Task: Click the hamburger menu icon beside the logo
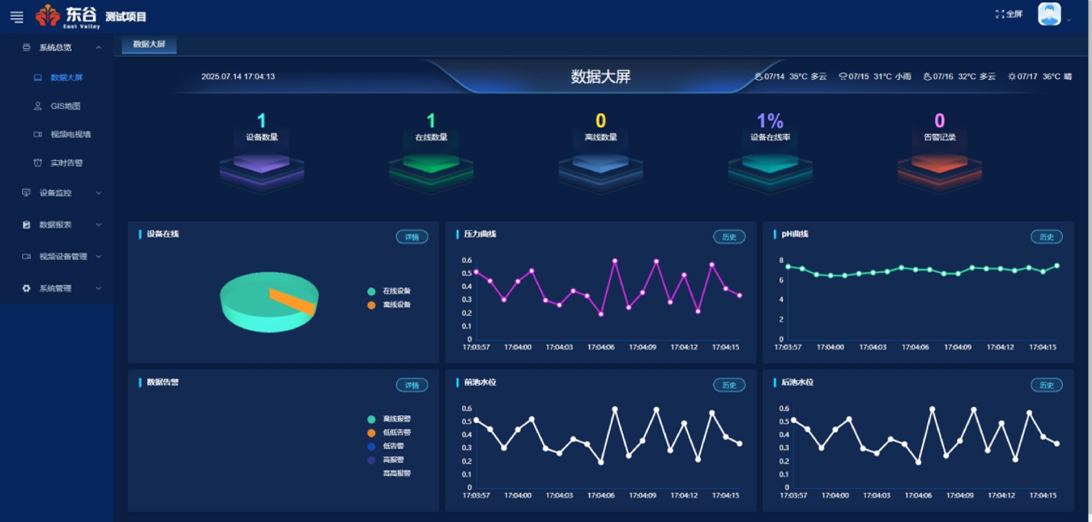coord(17,17)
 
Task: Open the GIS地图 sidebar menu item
coord(65,106)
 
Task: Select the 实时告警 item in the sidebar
coord(66,163)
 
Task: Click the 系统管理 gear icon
coord(26,288)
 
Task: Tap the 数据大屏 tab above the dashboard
coord(149,44)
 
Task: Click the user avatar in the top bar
coord(1049,14)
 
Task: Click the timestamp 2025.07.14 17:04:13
coord(238,77)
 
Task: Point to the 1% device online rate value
coord(770,121)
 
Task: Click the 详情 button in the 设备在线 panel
coord(412,237)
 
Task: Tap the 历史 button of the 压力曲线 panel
coord(729,237)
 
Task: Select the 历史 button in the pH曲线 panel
coord(1046,237)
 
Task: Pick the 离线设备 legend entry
coord(396,305)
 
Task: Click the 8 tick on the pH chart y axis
coord(781,260)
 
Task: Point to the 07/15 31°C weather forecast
coord(875,77)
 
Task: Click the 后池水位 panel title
coord(797,383)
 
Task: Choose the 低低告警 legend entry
coord(396,433)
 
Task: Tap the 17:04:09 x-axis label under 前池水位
coord(642,496)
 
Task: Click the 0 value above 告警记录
coord(939,121)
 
